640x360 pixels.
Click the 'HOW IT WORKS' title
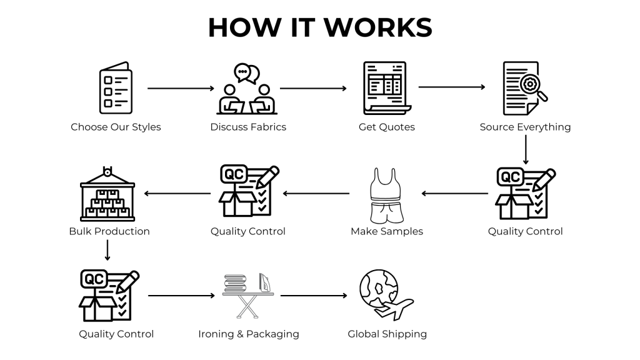coord(319,27)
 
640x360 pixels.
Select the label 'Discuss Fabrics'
coord(248,127)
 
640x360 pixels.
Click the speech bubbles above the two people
coord(246,73)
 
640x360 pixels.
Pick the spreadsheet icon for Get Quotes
coord(386,88)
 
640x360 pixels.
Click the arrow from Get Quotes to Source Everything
coord(451,87)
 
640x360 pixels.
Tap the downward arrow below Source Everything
coord(526,150)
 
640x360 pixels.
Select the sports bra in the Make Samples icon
coord(386,182)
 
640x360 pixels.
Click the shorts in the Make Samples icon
coord(386,212)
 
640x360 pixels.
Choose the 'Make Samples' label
coord(386,231)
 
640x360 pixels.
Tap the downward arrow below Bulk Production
coord(108,250)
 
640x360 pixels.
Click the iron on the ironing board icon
coord(265,282)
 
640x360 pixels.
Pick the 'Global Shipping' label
coord(387,334)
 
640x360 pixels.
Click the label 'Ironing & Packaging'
coord(248,334)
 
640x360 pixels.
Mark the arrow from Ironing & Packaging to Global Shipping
coord(313,296)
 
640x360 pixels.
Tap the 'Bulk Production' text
coord(109,231)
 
